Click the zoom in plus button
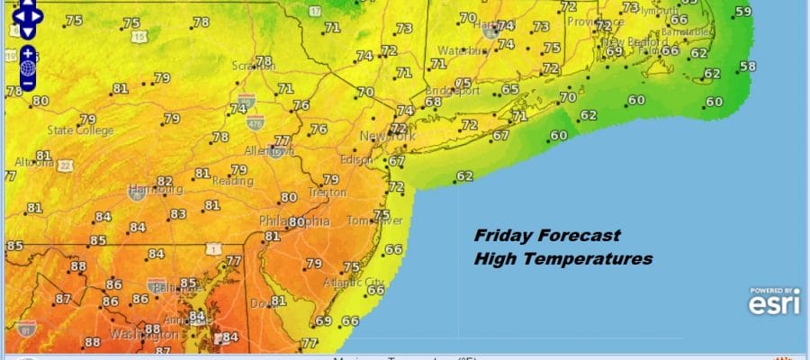(x=28, y=52)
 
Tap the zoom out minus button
(x=28, y=83)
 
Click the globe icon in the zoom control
(x=28, y=67)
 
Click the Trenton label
(x=328, y=193)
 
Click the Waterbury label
(x=463, y=50)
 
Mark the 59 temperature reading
(x=742, y=12)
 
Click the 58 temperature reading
(x=747, y=66)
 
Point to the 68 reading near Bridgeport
(x=434, y=102)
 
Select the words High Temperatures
(x=562, y=258)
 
